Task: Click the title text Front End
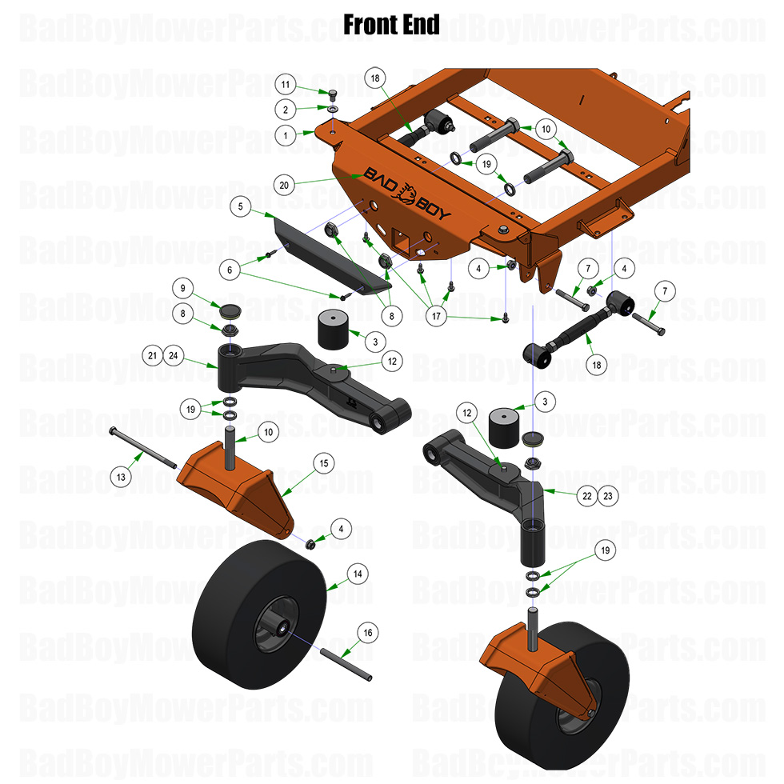pos(391,25)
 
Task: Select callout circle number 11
pos(285,84)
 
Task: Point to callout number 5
pos(239,206)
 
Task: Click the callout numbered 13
pos(121,478)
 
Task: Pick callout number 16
pos(368,632)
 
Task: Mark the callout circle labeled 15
pos(324,462)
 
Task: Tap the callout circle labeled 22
pos(587,496)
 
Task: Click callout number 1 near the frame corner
pos(285,135)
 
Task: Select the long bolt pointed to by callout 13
pos(144,449)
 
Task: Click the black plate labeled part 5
pos(328,252)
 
